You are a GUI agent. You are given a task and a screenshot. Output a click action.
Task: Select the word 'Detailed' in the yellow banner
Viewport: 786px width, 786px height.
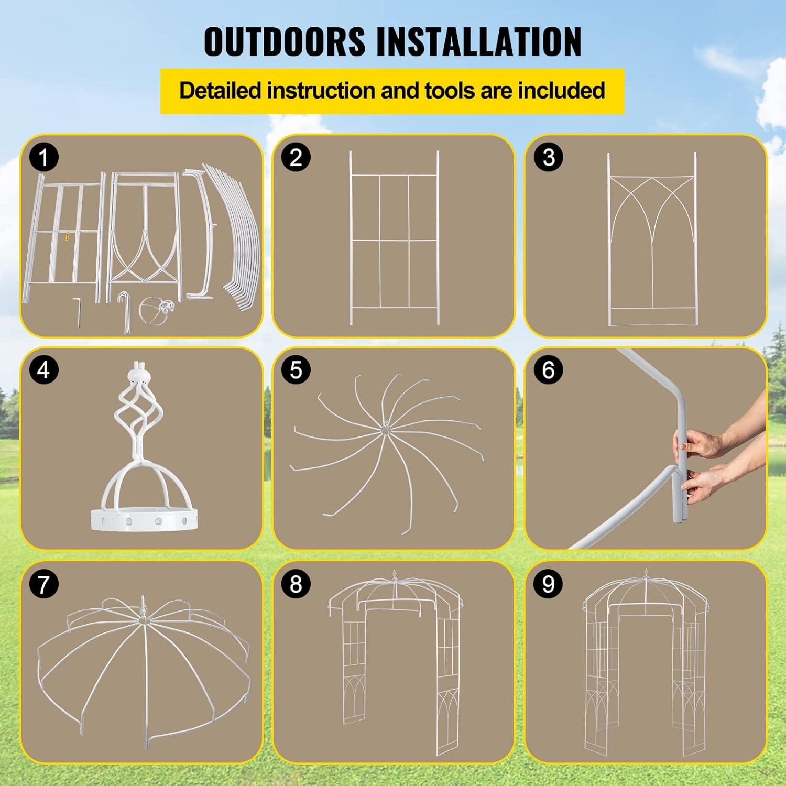(x=220, y=91)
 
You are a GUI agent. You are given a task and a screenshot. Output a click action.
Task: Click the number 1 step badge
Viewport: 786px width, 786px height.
(x=44, y=157)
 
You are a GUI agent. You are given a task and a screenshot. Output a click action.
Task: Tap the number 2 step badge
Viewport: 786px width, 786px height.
(x=296, y=157)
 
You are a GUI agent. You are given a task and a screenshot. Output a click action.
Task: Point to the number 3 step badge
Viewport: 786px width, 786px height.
(x=548, y=157)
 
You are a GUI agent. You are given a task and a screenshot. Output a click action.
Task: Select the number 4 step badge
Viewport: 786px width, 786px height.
(x=44, y=370)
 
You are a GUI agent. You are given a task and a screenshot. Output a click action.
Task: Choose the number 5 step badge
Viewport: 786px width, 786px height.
(x=296, y=370)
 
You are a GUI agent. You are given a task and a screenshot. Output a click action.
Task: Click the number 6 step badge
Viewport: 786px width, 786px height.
(x=548, y=370)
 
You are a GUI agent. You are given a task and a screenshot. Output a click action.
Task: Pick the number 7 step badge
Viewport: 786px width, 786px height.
(x=44, y=584)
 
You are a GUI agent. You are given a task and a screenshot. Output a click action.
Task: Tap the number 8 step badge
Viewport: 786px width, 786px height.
(x=296, y=584)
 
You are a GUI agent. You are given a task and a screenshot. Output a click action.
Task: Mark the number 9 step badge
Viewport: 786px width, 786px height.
(x=548, y=584)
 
